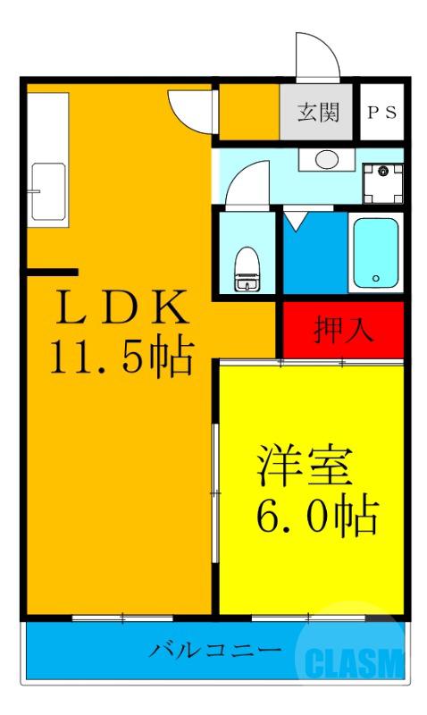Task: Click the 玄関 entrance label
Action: (x=318, y=114)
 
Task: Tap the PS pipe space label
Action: (x=382, y=114)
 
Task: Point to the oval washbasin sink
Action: (x=326, y=160)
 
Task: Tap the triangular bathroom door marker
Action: (x=296, y=217)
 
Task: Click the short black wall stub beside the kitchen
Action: (x=51, y=271)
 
